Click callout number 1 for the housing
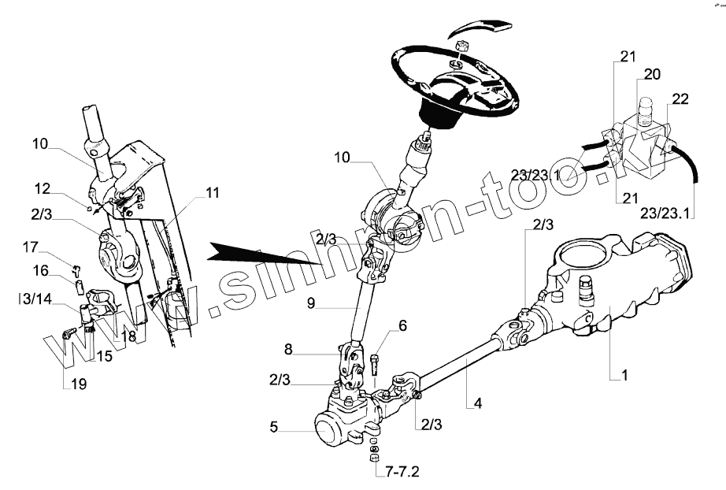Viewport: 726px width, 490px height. pyautogui.click(x=624, y=376)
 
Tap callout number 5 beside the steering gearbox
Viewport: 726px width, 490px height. pyautogui.click(x=273, y=428)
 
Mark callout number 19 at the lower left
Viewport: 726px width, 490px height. pyautogui.click(x=80, y=384)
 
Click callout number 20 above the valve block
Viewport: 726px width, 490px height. pyautogui.click(x=653, y=75)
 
